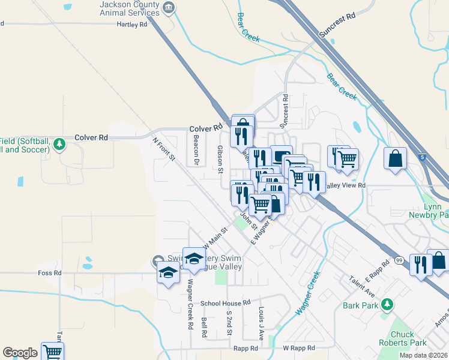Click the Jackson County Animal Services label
(x=130, y=8)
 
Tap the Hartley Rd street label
(x=131, y=25)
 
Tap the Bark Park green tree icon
(x=387, y=305)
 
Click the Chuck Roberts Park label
(x=402, y=338)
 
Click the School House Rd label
(x=224, y=303)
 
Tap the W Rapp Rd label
(x=299, y=348)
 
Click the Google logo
(x=20, y=353)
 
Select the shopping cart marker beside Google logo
(x=52, y=352)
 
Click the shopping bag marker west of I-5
(x=396, y=160)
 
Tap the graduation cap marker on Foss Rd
(x=168, y=274)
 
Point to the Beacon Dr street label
(x=196, y=149)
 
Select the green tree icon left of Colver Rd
(x=59, y=144)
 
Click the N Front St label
(x=163, y=149)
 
